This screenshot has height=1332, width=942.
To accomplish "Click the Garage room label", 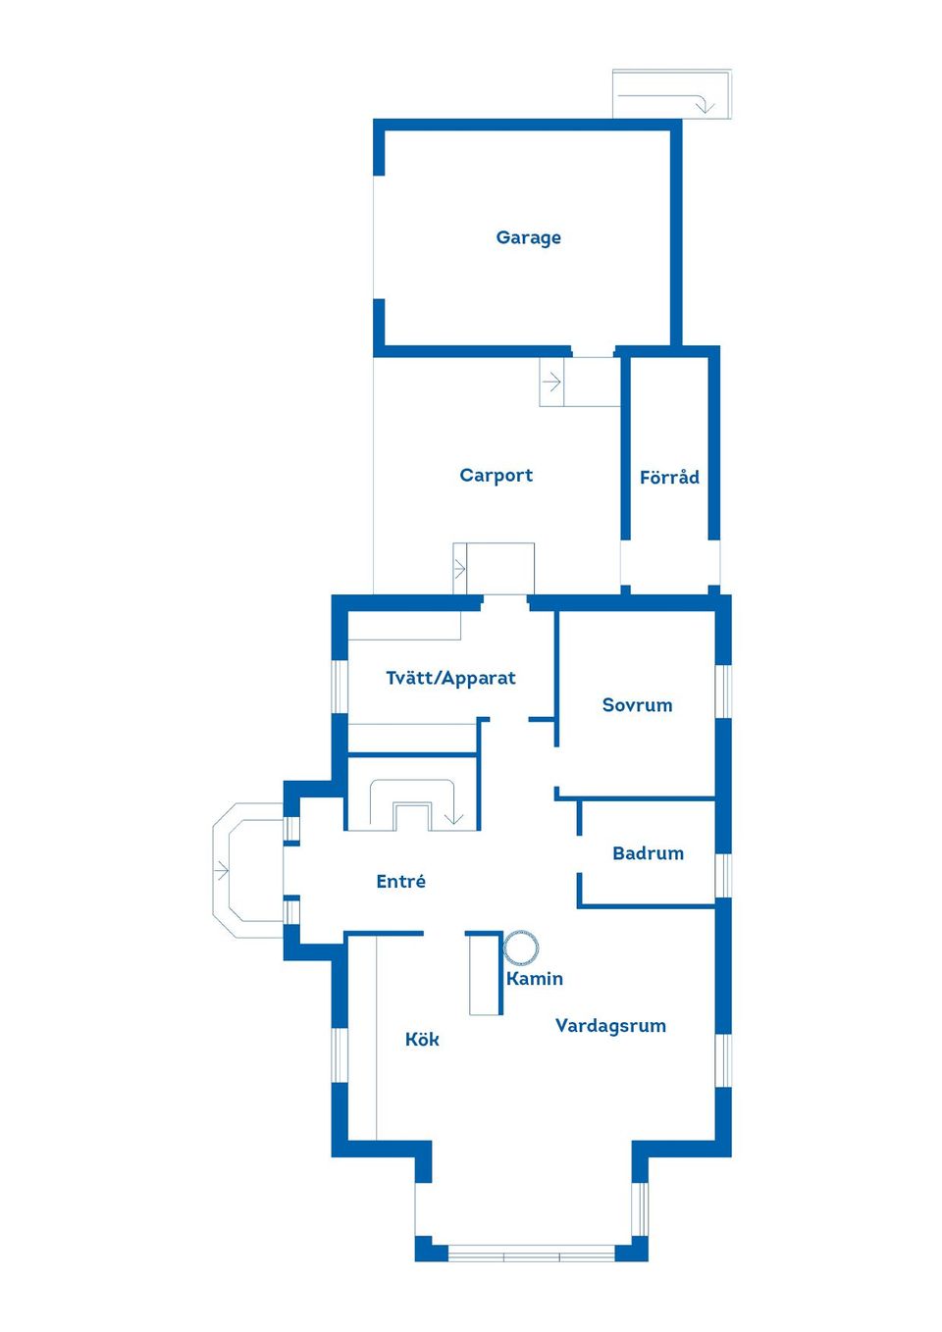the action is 528,237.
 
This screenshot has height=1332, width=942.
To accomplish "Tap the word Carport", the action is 496,475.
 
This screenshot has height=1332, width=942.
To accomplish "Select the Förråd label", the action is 669,477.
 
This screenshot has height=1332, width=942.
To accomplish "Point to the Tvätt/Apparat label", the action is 450,678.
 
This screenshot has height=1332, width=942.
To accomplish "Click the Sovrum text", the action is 637,704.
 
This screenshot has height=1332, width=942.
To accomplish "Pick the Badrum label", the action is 648,853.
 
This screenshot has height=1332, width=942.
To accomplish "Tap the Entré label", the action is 400,881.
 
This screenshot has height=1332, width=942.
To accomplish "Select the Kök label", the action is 422,1039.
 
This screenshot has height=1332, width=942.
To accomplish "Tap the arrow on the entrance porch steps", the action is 221,871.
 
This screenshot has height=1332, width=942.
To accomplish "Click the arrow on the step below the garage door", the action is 552,382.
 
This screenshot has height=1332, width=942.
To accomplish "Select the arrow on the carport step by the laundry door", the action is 459,569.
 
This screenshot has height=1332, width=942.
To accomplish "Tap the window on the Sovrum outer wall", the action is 723,692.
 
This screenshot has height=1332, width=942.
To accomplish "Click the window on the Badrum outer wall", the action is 723,875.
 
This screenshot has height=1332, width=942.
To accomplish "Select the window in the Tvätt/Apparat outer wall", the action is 340,687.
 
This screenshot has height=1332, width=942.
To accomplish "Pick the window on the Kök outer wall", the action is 340,1055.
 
